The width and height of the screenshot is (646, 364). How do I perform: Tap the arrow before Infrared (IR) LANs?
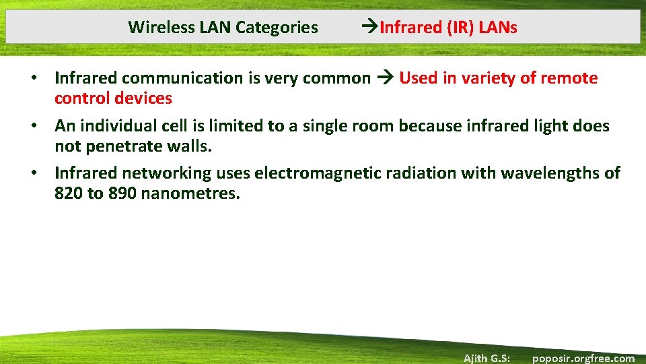[370, 28]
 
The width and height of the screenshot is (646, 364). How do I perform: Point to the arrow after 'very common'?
[385, 78]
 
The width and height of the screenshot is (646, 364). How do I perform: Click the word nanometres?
[190, 193]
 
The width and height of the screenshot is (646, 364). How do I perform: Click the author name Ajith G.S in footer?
[487, 358]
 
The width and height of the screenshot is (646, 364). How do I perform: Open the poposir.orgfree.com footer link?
[583, 358]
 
